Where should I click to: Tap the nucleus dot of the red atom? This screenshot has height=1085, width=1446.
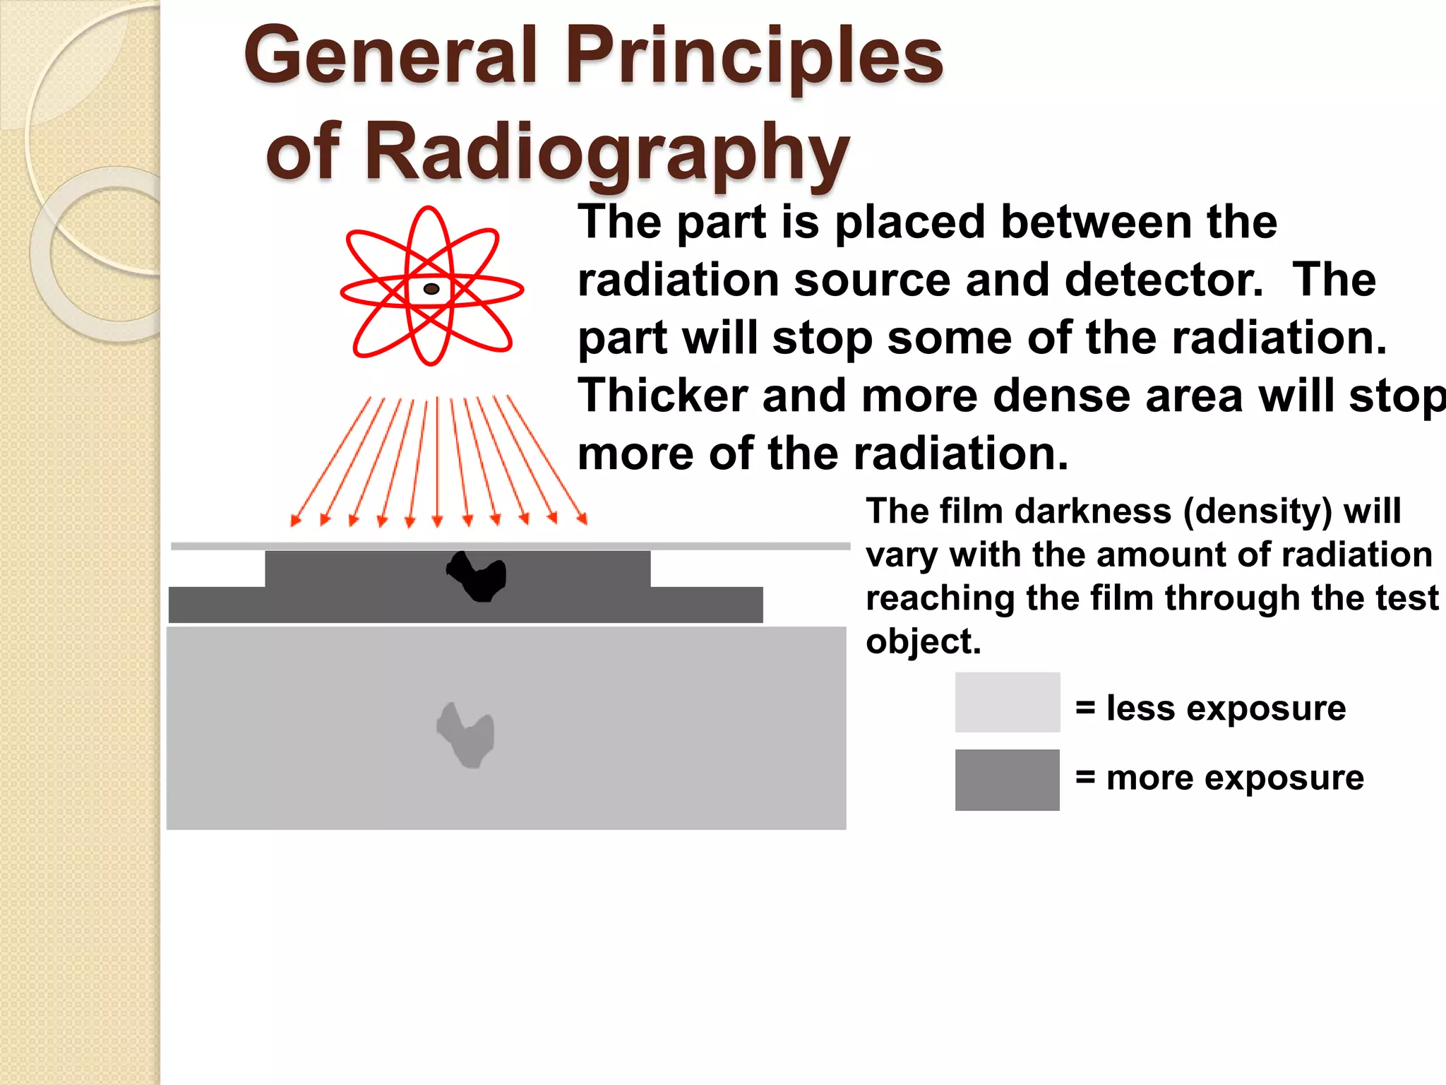coord(431,288)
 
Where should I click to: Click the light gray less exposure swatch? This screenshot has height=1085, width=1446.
coord(1007,702)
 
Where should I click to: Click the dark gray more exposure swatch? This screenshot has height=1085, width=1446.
coord(1007,780)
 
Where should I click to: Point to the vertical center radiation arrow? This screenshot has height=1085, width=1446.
coord(437,459)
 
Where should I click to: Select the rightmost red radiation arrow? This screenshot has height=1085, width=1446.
coord(546,459)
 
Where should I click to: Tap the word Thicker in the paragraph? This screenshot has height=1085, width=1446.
coord(662,396)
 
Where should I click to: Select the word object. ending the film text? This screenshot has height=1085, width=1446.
coord(923,642)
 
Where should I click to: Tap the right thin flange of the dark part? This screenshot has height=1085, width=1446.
coord(706,605)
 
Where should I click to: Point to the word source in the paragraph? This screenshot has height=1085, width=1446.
coord(871,280)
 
